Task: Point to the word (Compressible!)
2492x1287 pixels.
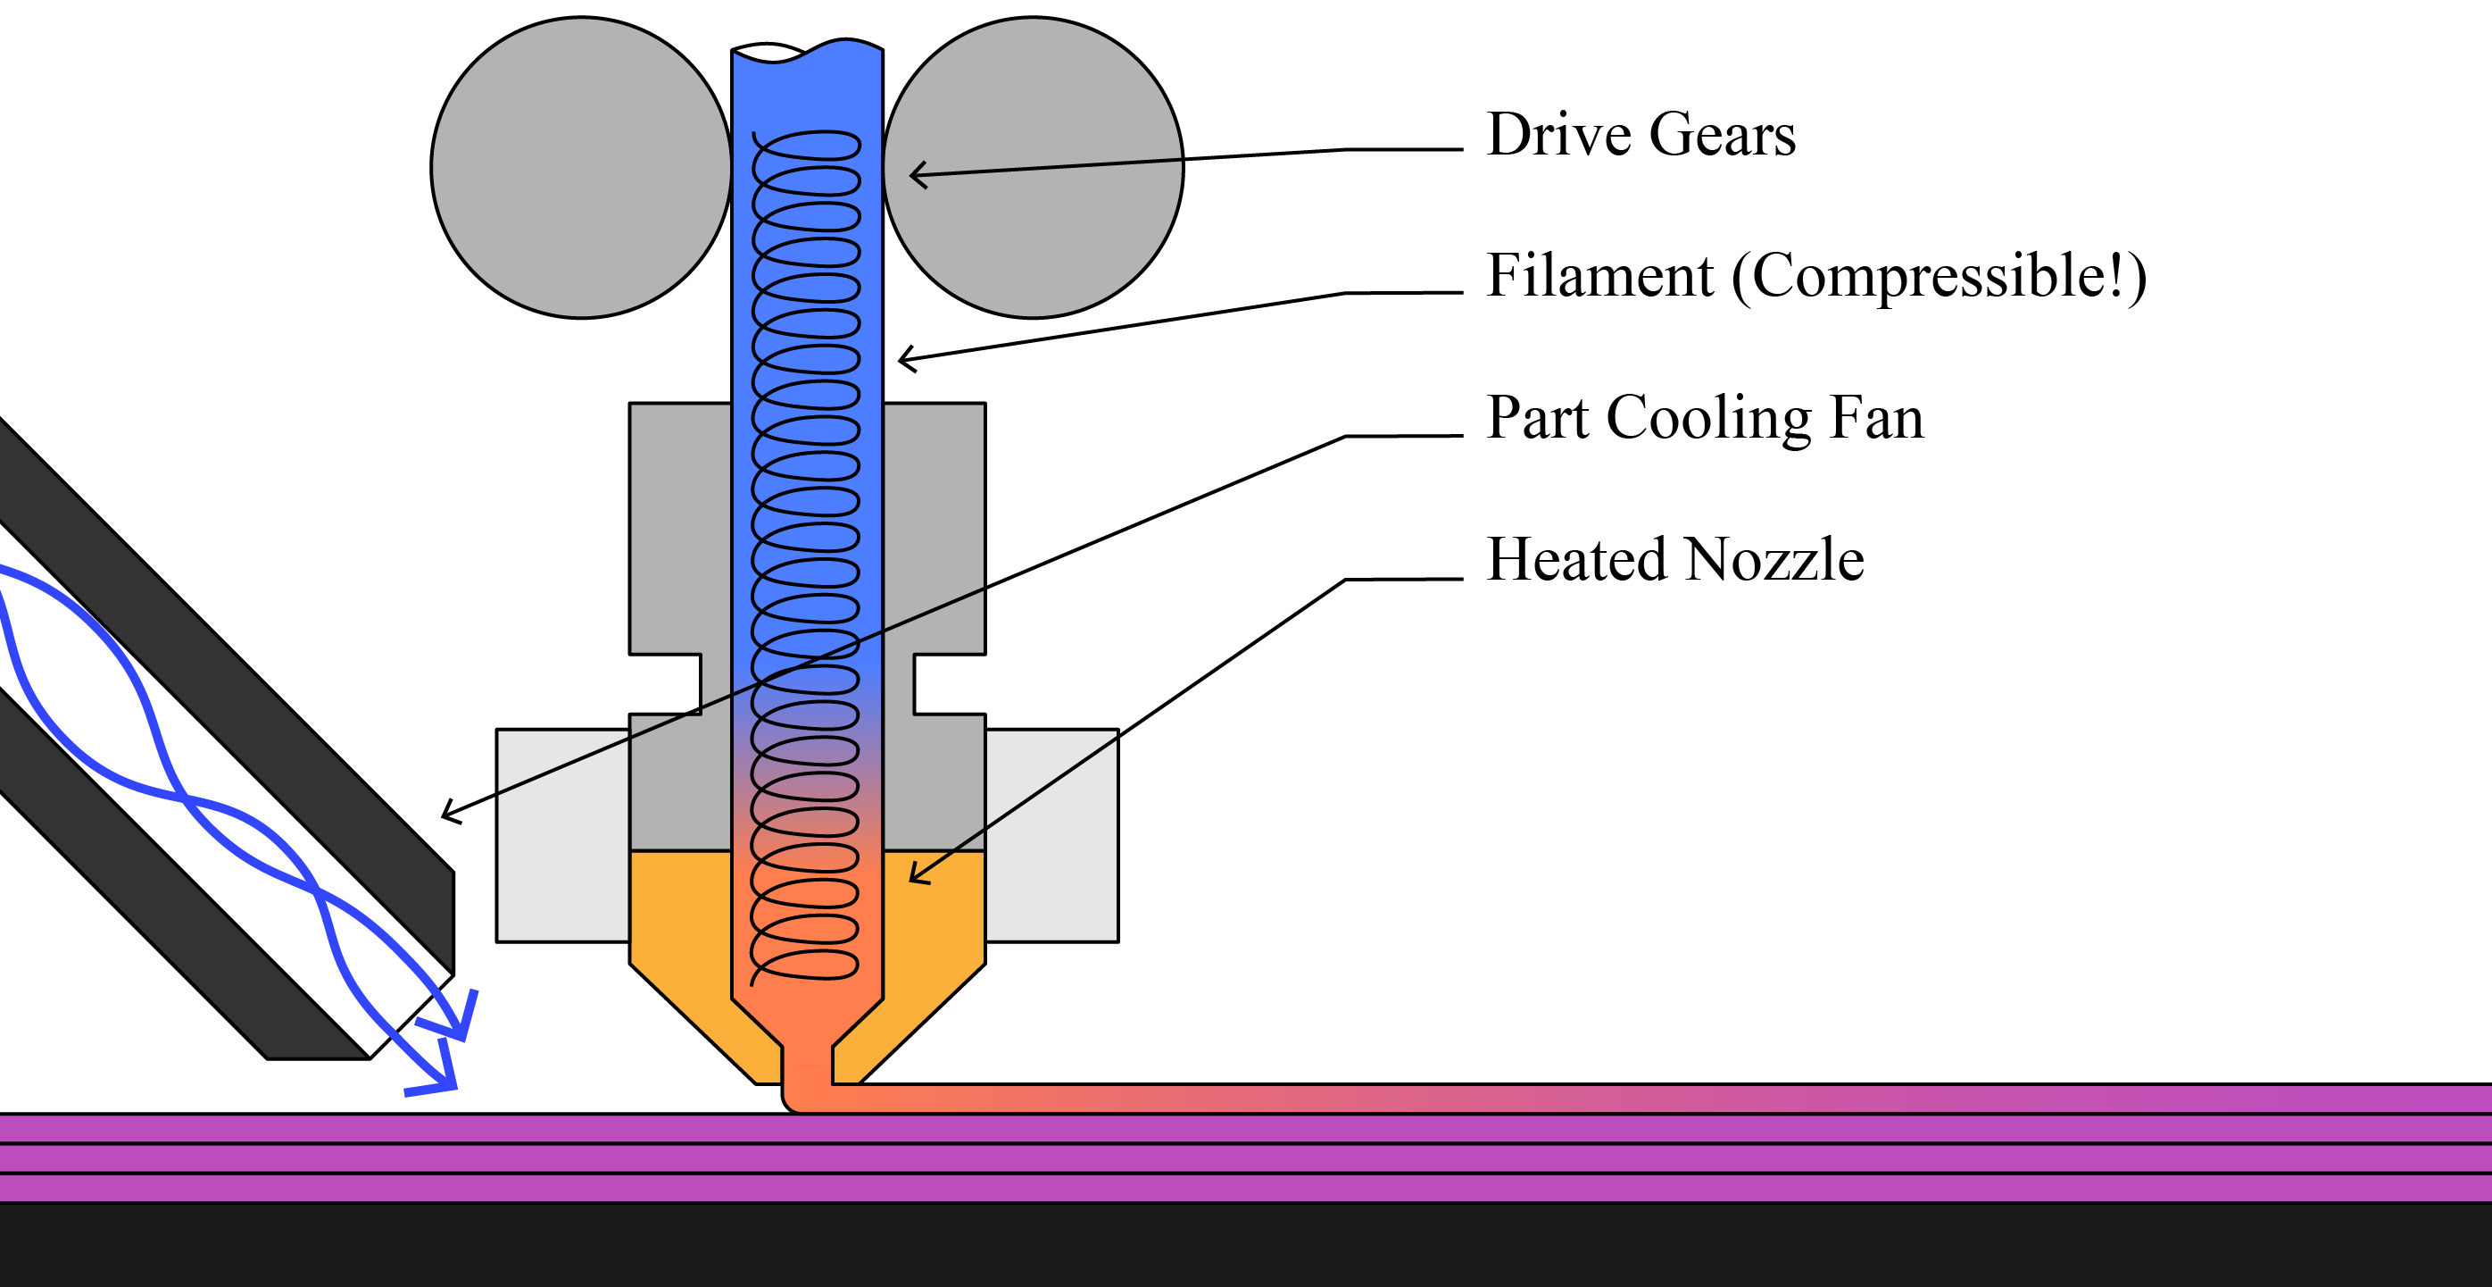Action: [x=1939, y=278]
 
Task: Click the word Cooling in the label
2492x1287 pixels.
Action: [x=1708, y=419]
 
